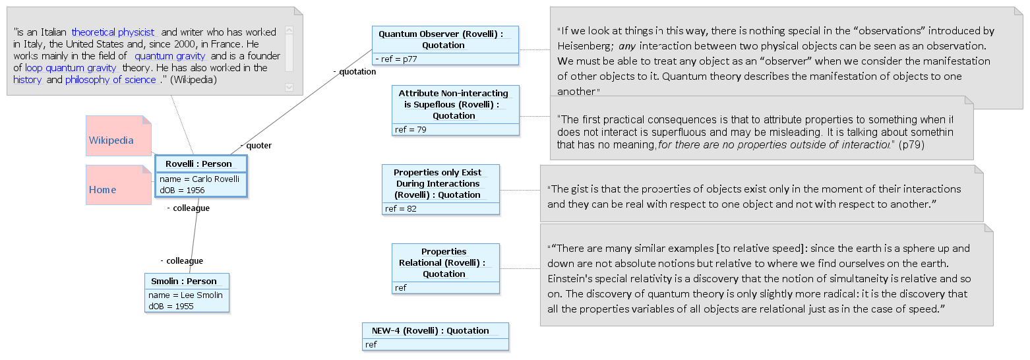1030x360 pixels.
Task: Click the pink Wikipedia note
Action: click(x=118, y=136)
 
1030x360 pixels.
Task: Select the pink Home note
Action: click(x=118, y=185)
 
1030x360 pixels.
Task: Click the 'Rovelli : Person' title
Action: click(x=198, y=164)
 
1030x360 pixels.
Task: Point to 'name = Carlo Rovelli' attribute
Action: click(x=200, y=179)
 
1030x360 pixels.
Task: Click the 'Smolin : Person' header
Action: click(x=184, y=281)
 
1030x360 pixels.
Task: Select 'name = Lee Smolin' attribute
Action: click(x=185, y=295)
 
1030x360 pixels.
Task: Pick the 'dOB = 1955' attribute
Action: click(x=171, y=306)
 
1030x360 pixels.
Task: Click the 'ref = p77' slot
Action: click(x=396, y=59)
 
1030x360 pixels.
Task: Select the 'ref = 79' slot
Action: click(x=411, y=130)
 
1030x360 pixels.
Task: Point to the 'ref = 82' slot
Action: click(x=401, y=209)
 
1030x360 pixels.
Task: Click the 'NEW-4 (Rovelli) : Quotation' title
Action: click(x=431, y=330)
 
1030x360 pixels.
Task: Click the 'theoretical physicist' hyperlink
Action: click(x=113, y=32)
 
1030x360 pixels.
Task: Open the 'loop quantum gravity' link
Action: click(x=71, y=68)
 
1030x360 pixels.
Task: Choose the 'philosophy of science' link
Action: click(x=111, y=80)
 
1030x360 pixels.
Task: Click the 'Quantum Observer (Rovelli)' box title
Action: click(x=441, y=34)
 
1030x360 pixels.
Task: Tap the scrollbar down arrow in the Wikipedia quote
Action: click(x=289, y=87)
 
